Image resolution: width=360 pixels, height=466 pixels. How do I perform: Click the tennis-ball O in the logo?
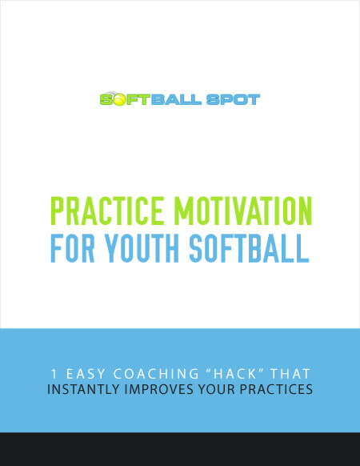pyautogui.click(x=120, y=100)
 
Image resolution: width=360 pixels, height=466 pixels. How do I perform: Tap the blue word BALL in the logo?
pyautogui.click(x=176, y=99)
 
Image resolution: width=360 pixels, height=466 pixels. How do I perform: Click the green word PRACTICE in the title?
pyautogui.click(x=107, y=211)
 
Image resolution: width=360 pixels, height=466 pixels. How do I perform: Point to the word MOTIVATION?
pyautogui.click(x=243, y=211)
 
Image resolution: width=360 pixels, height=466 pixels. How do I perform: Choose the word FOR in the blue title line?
pyautogui.click(x=73, y=248)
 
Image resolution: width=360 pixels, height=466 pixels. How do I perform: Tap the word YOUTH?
pyautogui.click(x=142, y=248)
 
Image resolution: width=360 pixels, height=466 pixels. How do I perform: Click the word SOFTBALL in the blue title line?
pyautogui.click(x=250, y=248)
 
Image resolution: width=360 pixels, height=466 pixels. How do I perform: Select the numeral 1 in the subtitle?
pyautogui.click(x=54, y=374)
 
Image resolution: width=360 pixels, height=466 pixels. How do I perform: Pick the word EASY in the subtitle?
pyautogui.click(x=86, y=374)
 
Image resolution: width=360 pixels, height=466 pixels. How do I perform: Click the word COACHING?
pyautogui.click(x=156, y=374)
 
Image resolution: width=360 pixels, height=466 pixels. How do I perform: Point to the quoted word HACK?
pyautogui.click(x=235, y=374)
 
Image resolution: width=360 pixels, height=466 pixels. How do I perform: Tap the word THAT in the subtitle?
pyautogui.click(x=290, y=374)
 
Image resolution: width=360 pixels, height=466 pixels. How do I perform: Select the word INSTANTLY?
pyautogui.click(x=83, y=389)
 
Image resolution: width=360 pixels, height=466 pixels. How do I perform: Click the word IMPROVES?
pyautogui.click(x=159, y=389)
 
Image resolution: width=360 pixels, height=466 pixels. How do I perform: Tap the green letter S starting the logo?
pyautogui.click(x=106, y=99)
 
